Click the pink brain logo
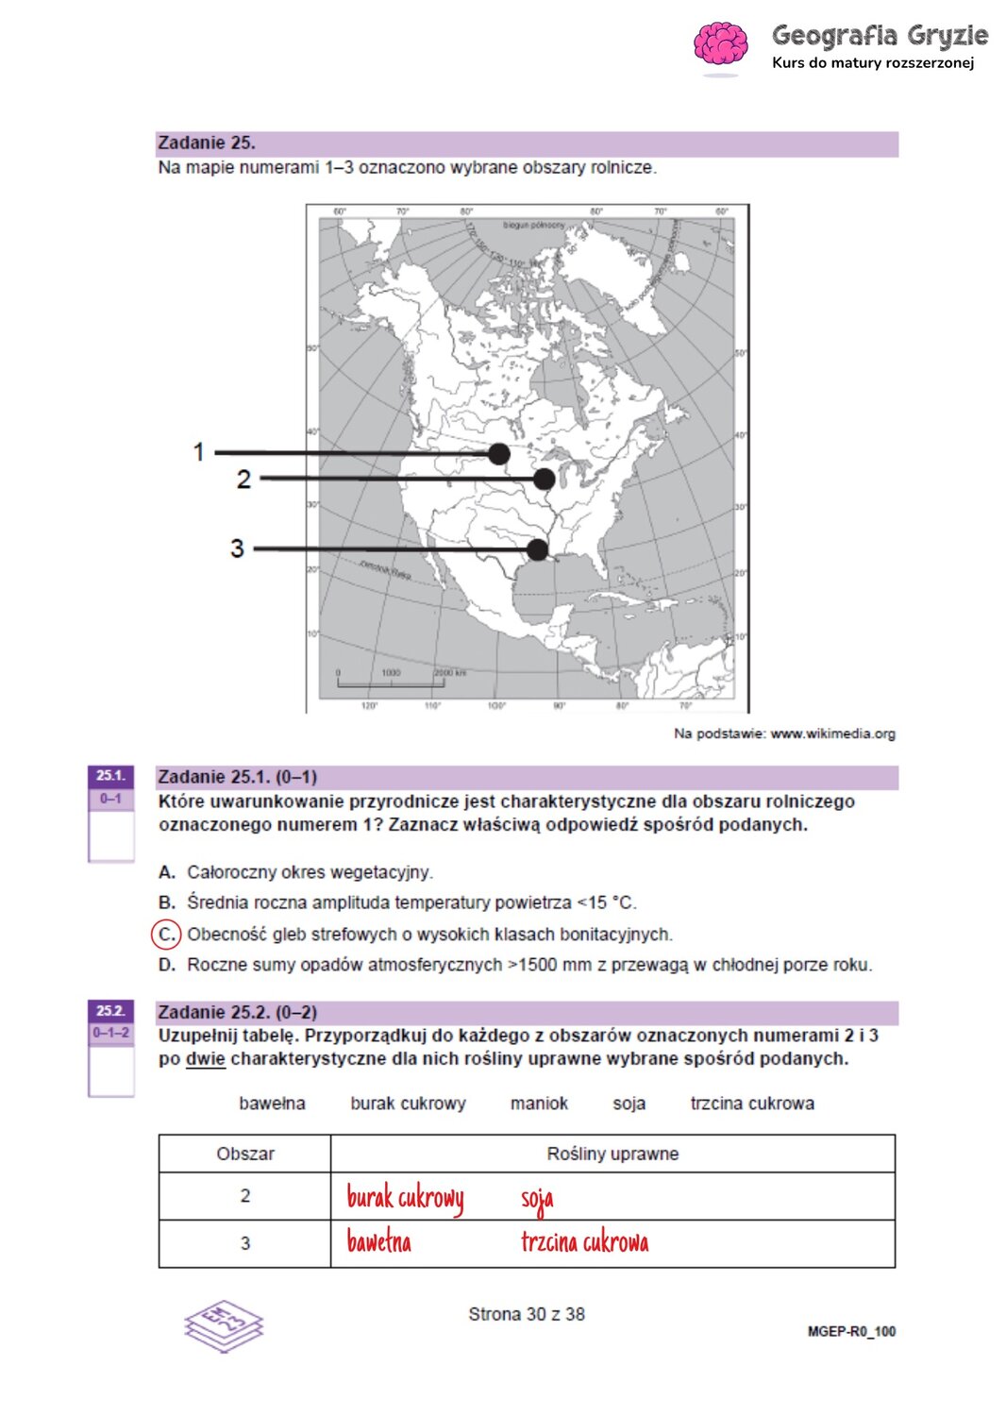click(721, 43)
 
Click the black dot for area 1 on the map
click(499, 454)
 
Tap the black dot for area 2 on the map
click(544, 479)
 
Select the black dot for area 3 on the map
click(537, 549)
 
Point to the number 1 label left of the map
click(198, 452)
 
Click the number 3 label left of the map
click(237, 548)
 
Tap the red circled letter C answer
click(166, 935)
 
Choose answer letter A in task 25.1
click(167, 872)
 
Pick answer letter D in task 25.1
click(167, 965)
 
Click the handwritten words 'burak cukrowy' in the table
click(405, 1198)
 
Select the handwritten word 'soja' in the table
click(537, 1200)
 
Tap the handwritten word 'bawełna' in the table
click(378, 1241)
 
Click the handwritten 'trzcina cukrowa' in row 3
click(584, 1241)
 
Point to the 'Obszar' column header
click(245, 1154)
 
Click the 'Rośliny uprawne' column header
click(612, 1154)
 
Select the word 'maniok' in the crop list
click(539, 1104)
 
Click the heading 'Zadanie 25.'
click(207, 143)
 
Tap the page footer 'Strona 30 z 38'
click(527, 1314)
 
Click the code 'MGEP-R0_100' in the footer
click(851, 1332)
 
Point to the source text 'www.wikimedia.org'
click(832, 733)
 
